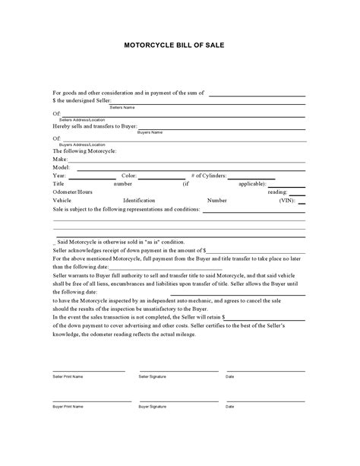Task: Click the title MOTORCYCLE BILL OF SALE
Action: (179, 45)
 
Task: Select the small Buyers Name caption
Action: (150, 132)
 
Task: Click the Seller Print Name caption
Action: (68, 376)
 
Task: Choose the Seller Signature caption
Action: (154, 376)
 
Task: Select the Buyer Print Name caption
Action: (68, 407)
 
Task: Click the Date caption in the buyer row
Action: (230, 407)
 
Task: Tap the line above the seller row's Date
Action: (265, 370)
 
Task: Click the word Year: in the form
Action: (59, 176)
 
